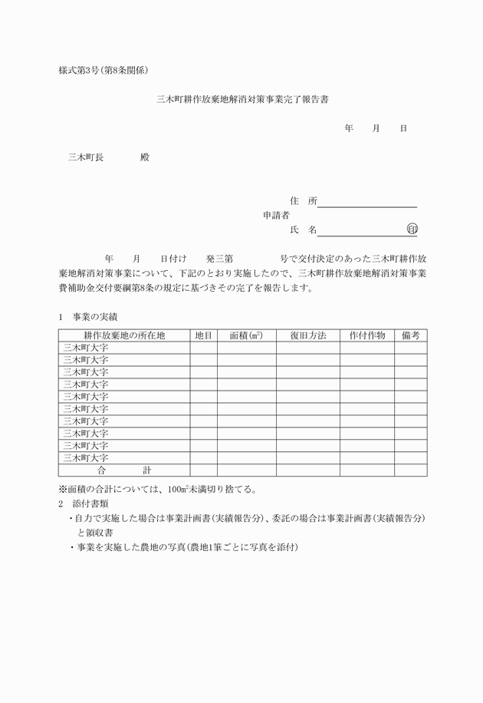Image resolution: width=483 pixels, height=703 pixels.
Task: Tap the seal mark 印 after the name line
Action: (x=412, y=229)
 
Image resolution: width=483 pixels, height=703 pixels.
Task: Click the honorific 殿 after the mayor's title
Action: (x=145, y=157)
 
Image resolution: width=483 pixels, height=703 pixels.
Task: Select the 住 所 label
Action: (x=303, y=201)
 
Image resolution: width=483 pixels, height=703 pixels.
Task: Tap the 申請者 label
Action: (x=276, y=216)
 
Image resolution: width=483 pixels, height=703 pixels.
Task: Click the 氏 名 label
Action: (x=303, y=230)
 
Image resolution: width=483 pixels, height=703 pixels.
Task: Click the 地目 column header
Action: (x=203, y=335)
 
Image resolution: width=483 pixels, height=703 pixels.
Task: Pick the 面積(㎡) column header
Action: (x=246, y=335)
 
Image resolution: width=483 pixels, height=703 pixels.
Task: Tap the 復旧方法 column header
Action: (x=308, y=335)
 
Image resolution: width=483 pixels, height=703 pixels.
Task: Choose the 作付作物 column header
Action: (x=367, y=335)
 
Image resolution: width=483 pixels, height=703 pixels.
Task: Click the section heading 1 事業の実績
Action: (x=87, y=316)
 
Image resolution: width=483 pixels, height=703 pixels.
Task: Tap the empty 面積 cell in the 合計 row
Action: (x=246, y=470)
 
